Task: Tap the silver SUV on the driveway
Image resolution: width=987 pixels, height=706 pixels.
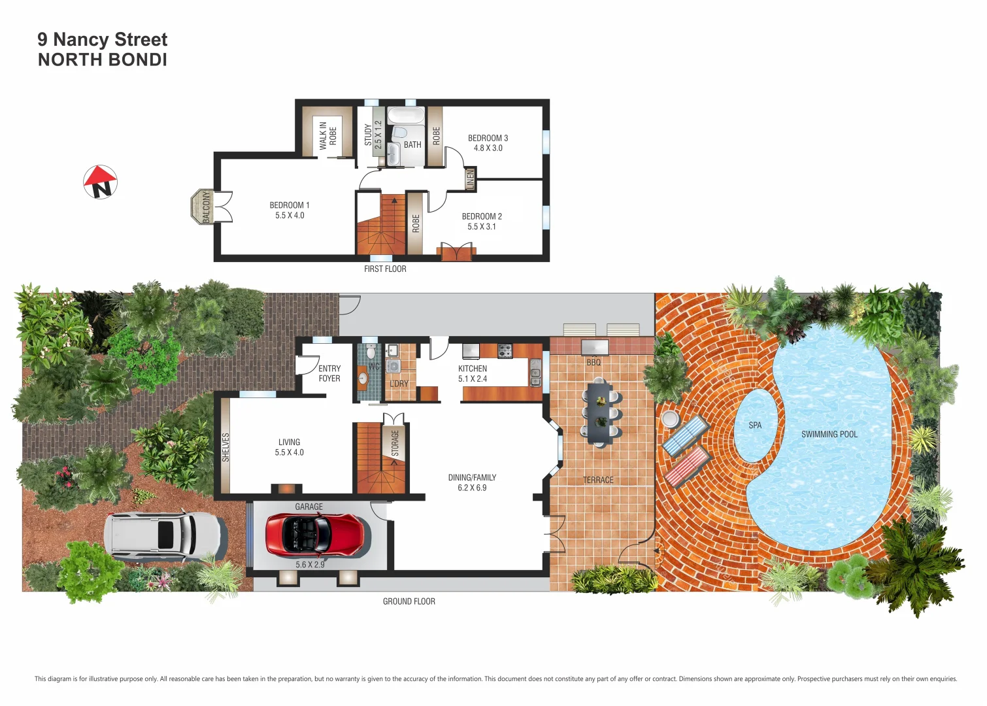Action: coord(165,536)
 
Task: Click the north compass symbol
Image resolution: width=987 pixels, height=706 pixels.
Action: coord(100,182)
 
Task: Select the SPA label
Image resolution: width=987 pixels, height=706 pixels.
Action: coord(755,426)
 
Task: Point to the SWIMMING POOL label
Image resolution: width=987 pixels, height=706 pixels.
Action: coord(829,434)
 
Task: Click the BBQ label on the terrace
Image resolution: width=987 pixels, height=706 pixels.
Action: coord(593,362)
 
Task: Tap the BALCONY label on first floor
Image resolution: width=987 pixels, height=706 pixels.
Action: coord(207,207)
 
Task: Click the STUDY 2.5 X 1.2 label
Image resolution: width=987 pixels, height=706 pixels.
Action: coord(373,135)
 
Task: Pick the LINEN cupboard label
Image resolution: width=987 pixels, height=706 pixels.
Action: coord(470,179)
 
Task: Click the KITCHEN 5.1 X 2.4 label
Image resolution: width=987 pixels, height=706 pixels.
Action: coord(473,373)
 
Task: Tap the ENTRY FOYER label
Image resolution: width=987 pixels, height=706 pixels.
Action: coord(329,373)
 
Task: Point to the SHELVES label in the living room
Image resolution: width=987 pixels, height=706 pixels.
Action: coord(226,447)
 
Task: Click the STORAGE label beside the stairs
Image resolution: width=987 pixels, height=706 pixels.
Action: coord(395,443)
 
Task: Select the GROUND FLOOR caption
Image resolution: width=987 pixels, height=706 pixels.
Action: coord(409,601)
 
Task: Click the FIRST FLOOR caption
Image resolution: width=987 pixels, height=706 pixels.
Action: coord(385,269)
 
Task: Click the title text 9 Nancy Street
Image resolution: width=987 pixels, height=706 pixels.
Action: coord(103,40)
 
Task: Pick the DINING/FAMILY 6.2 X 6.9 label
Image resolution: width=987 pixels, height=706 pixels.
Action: coord(472,482)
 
